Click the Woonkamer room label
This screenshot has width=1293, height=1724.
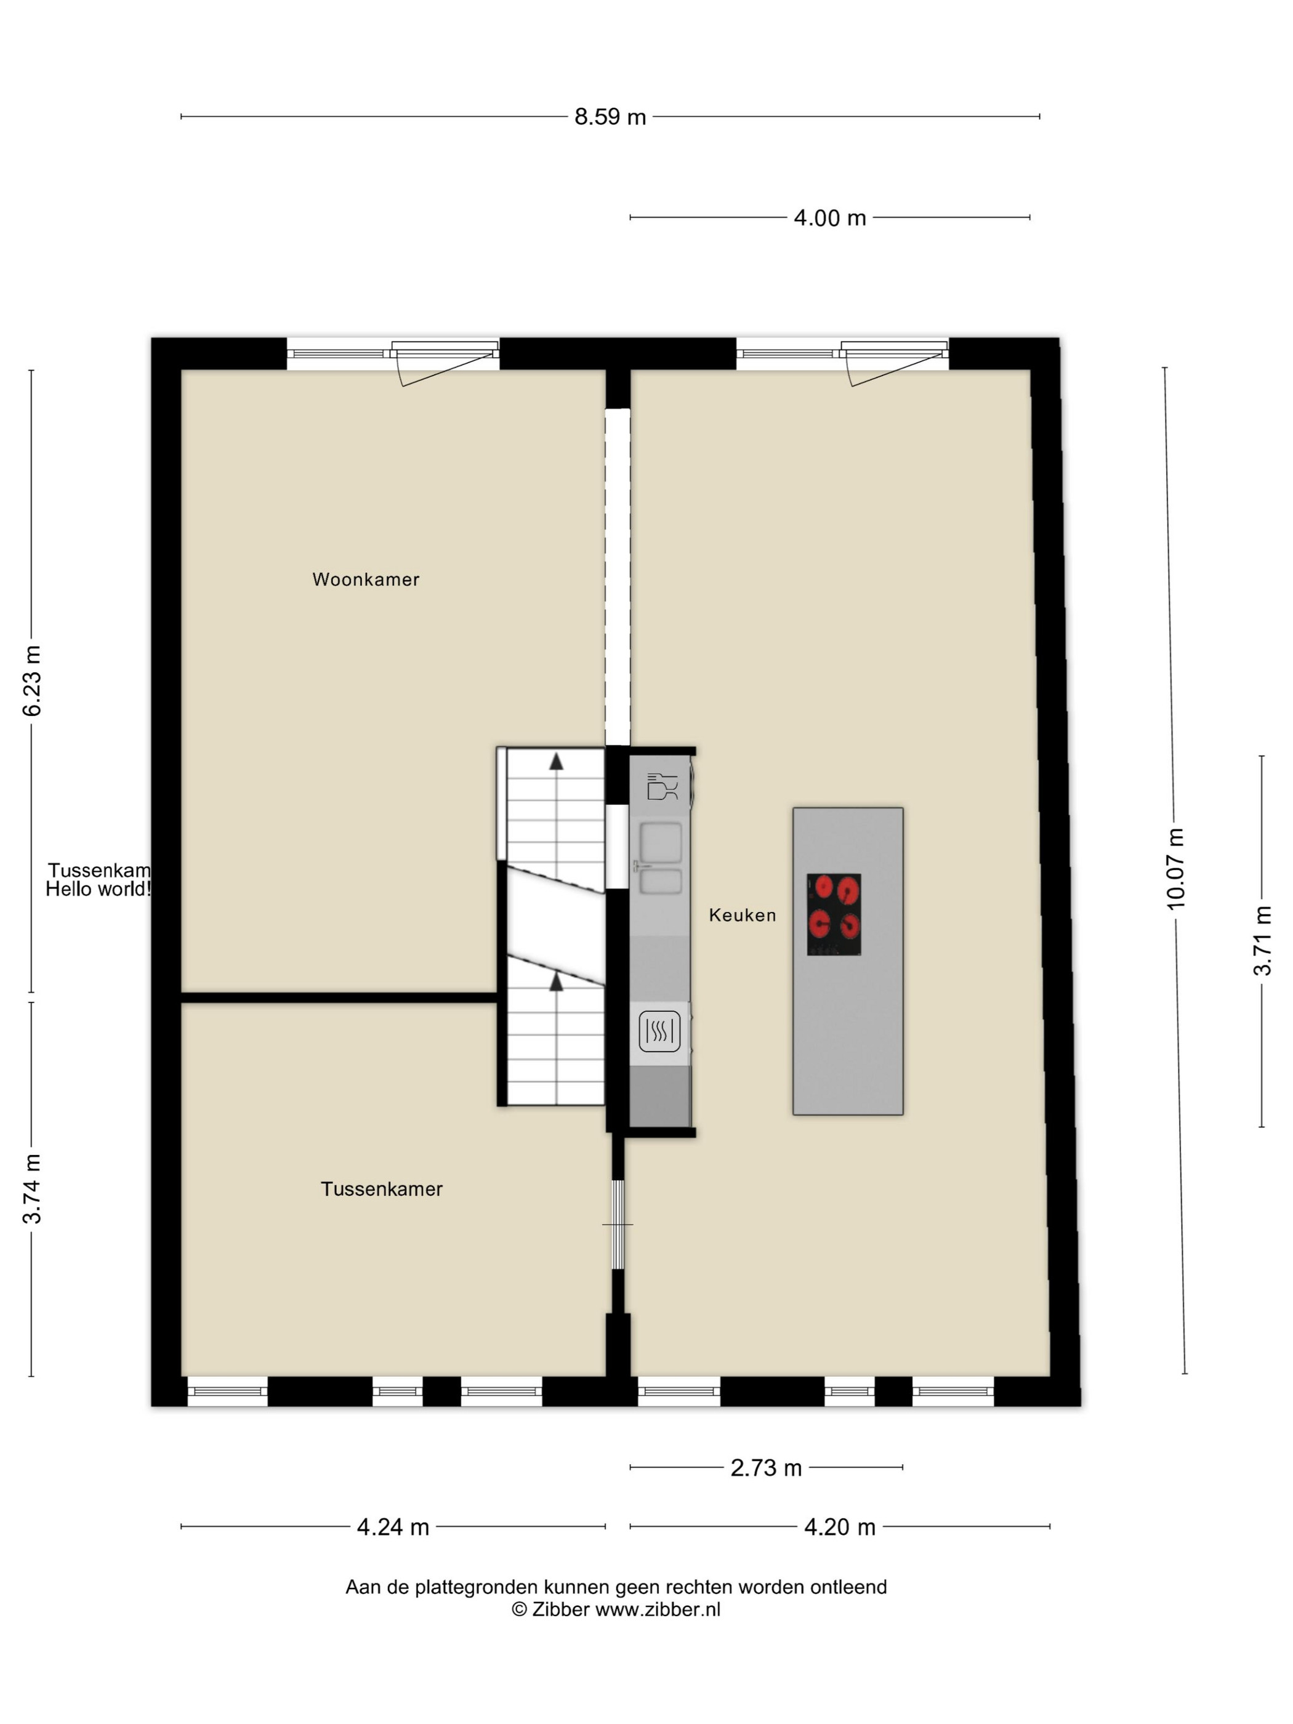point(366,579)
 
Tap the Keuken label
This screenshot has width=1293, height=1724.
point(742,915)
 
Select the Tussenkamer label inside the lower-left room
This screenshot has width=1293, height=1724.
point(382,1188)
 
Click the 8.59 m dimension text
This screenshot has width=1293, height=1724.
point(610,117)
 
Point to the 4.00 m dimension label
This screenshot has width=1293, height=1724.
point(829,218)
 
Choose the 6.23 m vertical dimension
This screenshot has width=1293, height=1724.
point(32,680)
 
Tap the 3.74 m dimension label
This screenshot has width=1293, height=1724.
point(32,1188)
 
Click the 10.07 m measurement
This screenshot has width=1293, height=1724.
point(1175,868)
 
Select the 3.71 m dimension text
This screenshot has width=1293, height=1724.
point(1262,940)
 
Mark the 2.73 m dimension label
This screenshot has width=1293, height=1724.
point(766,1468)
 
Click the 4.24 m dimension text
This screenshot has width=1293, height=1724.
point(393,1527)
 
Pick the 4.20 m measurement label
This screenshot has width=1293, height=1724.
point(839,1527)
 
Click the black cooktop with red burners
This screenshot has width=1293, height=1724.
point(833,914)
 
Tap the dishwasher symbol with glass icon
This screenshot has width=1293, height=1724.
point(663,786)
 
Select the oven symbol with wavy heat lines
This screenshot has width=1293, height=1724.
point(659,1031)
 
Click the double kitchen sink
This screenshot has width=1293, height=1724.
point(659,857)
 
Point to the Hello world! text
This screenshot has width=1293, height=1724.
point(98,889)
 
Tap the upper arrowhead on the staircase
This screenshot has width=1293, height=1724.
point(556,762)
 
